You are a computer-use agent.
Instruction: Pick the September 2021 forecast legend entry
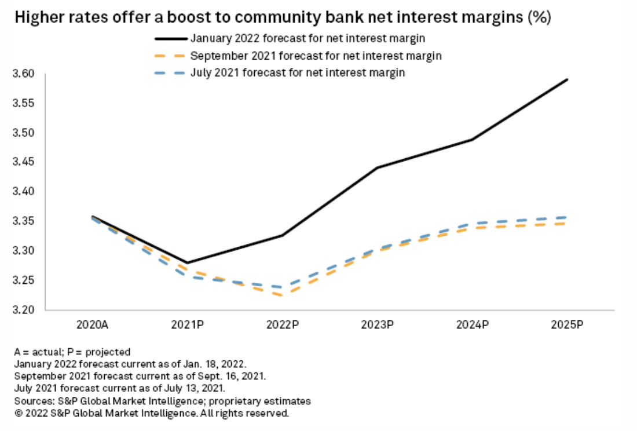(315, 56)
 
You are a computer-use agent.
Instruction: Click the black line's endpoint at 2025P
(568, 79)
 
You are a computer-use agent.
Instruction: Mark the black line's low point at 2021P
(188, 262)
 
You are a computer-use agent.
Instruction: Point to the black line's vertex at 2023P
(378, 167)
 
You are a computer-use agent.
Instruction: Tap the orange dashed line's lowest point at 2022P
(283, 295)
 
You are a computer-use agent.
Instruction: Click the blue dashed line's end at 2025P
(568, 217)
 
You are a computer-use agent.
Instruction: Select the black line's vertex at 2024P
(473, 140)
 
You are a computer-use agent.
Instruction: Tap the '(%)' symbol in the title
(538, 18)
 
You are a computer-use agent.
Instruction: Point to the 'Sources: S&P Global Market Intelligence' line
(162, 401)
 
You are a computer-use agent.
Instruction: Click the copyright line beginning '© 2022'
(151, 414)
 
